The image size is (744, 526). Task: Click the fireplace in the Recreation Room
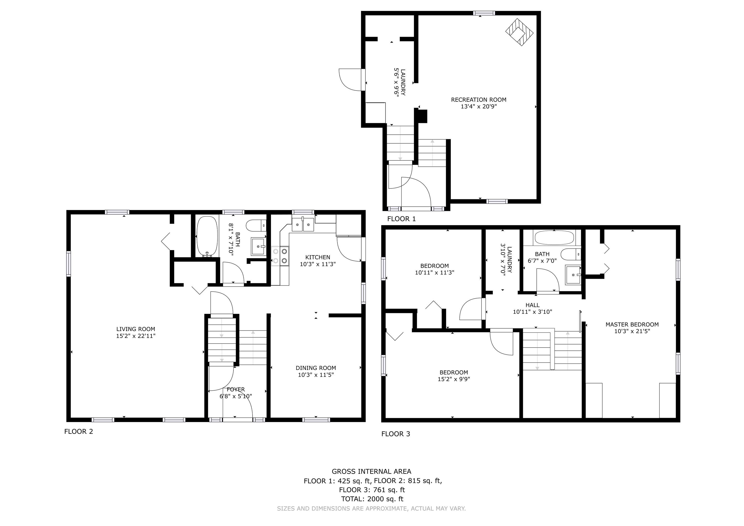(x=519, y=32)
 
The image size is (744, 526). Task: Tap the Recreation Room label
(x=479, y=100)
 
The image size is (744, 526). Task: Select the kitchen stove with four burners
(x=280, y=256)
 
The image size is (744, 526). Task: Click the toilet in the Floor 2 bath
(x=256, y=225)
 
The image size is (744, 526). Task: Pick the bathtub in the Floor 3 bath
(x=554, y=238)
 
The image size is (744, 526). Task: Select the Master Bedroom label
(x=632, y=325)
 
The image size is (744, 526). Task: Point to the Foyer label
(x=236, y=389)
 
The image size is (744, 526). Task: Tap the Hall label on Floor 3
(x=532, y=305)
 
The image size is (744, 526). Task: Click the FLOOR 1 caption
(x=401, y=219)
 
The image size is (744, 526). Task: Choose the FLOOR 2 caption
(x=78, y=431)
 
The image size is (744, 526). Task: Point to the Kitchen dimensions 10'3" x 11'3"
(x=318, y=264)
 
